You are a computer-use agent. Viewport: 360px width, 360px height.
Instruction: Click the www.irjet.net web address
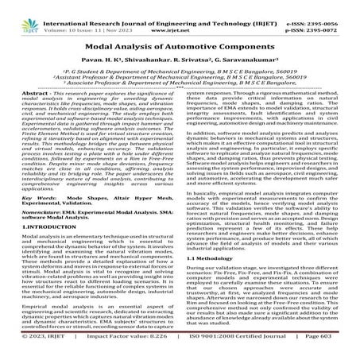[182, 16]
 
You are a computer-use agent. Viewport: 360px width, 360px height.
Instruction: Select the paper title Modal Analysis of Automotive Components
[180, 38]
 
